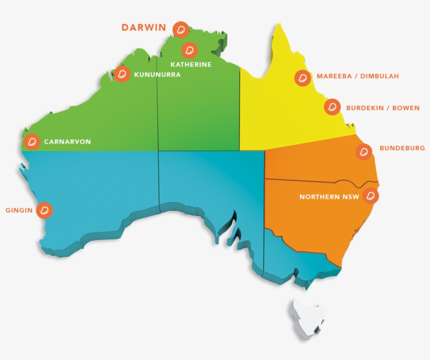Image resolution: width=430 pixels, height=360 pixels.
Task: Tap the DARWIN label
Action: (144, 27)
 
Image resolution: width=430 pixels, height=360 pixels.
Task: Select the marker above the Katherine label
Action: (189, 50)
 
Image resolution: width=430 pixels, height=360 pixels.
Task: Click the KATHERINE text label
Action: (191, 65)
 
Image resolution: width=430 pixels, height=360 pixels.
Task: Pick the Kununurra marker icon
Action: (122, 74)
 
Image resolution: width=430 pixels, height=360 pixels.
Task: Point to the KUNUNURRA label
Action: (157, 75)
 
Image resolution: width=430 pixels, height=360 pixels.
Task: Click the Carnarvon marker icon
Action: (33, 142)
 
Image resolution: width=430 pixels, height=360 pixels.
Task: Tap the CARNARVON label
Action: (67, 142)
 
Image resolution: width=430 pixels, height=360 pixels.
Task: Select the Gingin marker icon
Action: (46, 210)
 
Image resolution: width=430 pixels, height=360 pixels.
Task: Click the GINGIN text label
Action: (19, 210)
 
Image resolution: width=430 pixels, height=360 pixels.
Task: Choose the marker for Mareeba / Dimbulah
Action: (302, 78)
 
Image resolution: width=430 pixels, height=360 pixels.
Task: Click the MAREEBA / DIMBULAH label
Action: (358, 76)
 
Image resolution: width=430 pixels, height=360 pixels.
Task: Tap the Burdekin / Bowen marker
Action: (331, 108)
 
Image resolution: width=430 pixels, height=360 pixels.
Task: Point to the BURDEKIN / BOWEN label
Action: (383, 108)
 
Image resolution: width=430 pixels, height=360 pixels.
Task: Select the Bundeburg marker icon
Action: (363, 152)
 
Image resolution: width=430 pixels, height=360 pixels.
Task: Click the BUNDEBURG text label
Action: (402, 149)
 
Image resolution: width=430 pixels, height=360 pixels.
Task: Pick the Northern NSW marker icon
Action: (371, 195)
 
